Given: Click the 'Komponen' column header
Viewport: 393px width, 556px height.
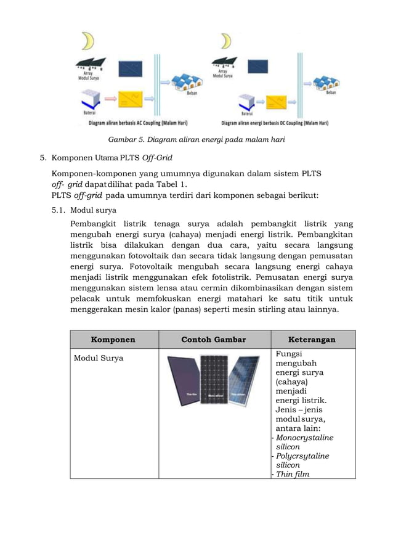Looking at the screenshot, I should pyautogui.click(x=113, y=339).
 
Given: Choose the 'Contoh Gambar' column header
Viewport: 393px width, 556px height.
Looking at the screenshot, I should pyautogui.click(x=214, y=339).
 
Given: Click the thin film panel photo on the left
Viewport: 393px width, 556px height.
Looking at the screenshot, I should pyautogui.click(x=184, y=382).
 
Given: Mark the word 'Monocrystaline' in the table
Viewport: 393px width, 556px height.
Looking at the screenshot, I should pyautogui.click(x=304, y=438).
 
